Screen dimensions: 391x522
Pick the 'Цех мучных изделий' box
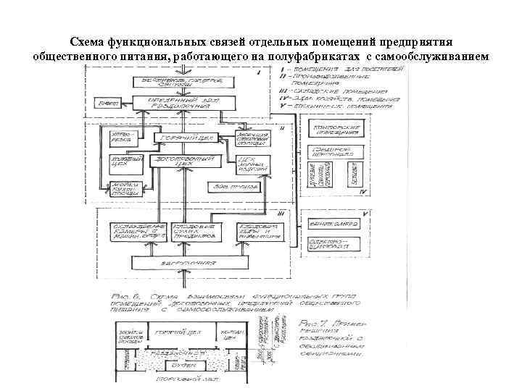[x=253, y=165]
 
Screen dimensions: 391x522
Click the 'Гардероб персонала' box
[x=334, y=152]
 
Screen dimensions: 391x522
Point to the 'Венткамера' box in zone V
[x=333, y=224]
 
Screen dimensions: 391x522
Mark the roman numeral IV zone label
[x=367, y=193]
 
